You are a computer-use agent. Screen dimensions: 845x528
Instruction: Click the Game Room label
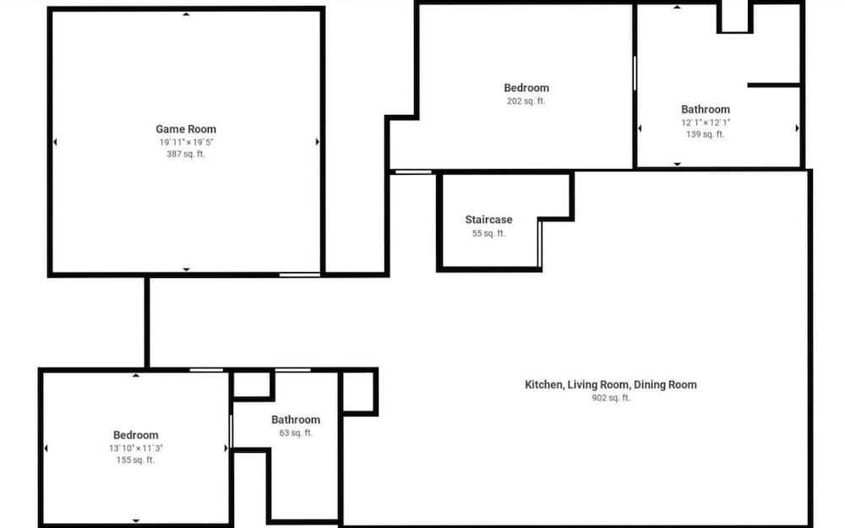click(x=186, y=129)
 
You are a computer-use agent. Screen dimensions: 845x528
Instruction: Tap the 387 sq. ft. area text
click(x=186, y=154)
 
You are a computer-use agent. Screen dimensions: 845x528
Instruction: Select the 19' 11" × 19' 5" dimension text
click(x=186, y=142)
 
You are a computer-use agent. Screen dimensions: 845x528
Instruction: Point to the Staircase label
click(x=488, y=220)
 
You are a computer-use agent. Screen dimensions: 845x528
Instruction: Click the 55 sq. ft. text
click(x=488, y=233)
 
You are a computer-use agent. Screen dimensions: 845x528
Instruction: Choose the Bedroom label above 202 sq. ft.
click(x=526, y=88)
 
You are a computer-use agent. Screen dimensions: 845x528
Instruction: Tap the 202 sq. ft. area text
click(x=526, y=101)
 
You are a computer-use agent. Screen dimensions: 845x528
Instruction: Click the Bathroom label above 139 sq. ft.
click(x=706, y=109)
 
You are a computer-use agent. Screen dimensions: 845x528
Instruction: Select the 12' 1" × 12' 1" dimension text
click(x=706, y=122)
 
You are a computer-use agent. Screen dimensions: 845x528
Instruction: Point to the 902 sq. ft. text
click(x=611, y=398)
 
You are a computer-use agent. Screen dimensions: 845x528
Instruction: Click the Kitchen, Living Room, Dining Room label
click(x=611, y=384)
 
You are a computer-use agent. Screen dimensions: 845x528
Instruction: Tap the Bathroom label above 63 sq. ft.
click(x=296, y=420)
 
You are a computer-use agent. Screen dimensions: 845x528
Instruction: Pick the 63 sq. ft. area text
click(x=296, y=433)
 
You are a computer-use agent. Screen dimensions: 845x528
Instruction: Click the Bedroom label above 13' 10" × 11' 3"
click(x=136, y=435)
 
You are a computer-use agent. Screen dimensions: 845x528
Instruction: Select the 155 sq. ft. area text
click(x=136, y=460)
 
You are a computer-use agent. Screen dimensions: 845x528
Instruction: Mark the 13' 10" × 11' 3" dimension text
click(x=136, y=449)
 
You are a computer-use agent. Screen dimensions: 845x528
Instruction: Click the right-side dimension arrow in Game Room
click(x=318, y=142)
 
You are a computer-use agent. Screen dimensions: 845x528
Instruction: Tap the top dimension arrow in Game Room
click(x=186, y=14)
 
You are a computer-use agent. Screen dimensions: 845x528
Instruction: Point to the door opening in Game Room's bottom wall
click(x=300, y=275)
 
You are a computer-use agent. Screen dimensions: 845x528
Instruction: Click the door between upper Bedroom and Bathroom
click(x=635, y=73)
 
